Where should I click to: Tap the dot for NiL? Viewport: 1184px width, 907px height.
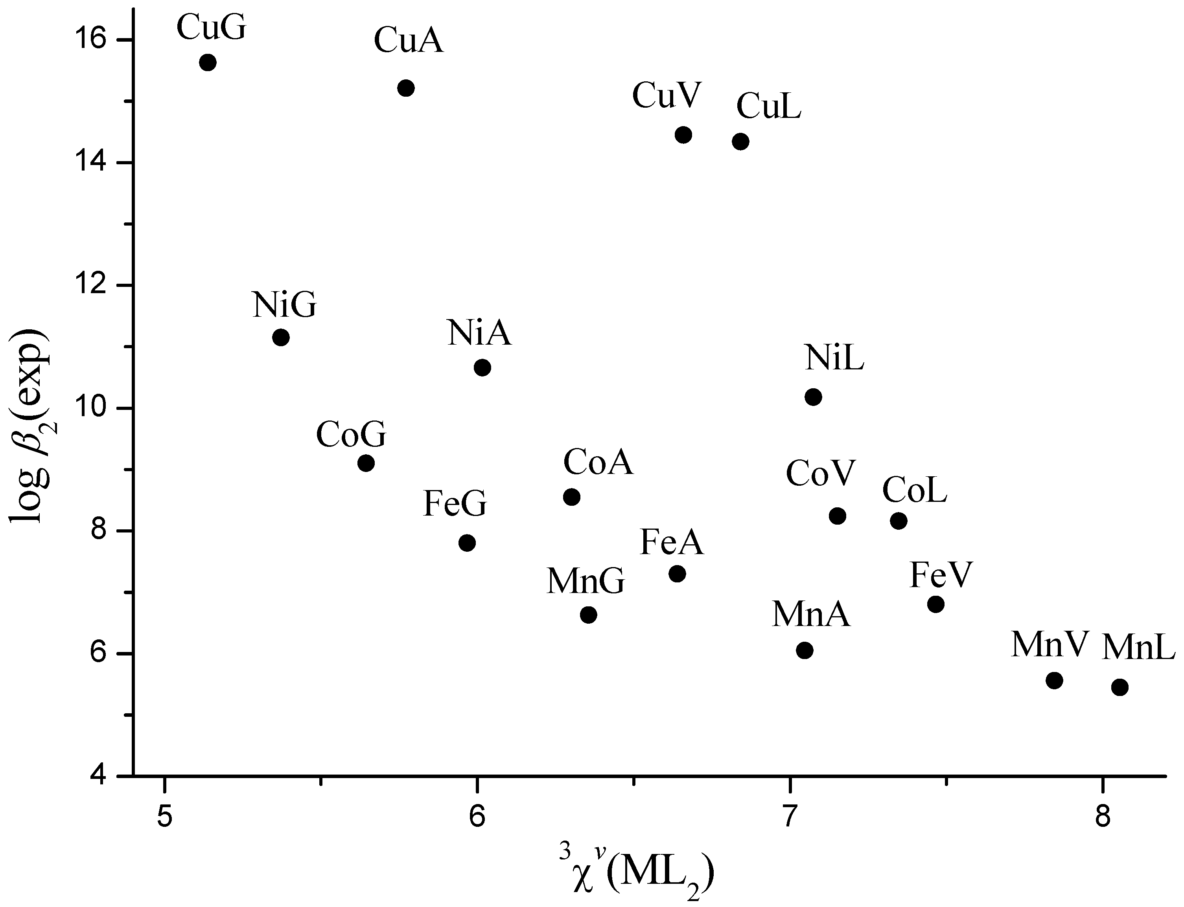[x=813, y=397]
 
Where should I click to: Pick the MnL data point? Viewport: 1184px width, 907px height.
[x=1120, y=687]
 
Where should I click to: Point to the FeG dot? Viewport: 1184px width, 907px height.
[x=467, y=543]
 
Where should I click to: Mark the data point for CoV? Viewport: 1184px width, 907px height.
[x=837, y=516]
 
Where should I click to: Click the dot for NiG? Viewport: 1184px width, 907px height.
[x=281, y=338]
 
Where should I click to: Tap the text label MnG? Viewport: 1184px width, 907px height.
[x=586, y=582]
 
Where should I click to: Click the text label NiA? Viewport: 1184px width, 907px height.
[x=479, y=333]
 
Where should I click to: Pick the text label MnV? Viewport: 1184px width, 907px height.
[x=1048, y=644]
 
